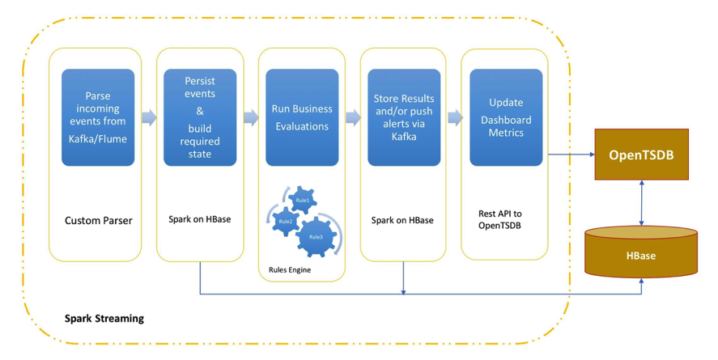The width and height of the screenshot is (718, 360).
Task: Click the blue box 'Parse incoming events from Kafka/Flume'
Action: coord(98,117)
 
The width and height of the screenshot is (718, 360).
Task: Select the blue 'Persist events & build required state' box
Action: coord(200,117)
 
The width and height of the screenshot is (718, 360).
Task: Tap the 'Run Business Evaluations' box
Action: coord(302,117)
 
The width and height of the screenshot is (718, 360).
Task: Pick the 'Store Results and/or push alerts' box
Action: coord(404,117)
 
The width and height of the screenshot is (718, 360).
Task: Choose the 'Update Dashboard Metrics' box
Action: coord(506,117)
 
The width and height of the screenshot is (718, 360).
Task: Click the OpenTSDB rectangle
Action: coord(641,154)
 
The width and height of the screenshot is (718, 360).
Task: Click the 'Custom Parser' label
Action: coord(98,220)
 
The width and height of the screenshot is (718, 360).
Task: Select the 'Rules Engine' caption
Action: coord(290,269)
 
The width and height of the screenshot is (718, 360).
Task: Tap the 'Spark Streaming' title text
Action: coord(104,318)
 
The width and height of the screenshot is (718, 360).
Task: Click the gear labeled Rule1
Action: coord(303,200)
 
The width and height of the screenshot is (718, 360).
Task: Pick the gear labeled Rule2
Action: coord(285,221)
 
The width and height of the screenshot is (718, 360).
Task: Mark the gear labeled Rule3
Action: coord(316,236)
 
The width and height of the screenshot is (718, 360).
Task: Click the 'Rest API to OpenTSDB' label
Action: coord(499,219)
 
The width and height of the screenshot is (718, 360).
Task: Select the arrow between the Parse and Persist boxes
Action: coord(149,117)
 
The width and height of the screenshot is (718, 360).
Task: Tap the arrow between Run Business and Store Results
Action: coord(353,117)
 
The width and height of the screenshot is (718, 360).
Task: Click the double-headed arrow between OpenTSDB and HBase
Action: coord(641,202)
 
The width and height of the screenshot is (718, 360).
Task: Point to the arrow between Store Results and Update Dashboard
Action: coord(455,117)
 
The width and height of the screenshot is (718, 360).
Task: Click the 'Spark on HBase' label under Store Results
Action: coord(402,220)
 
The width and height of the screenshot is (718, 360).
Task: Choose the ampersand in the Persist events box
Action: coord(200,111)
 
